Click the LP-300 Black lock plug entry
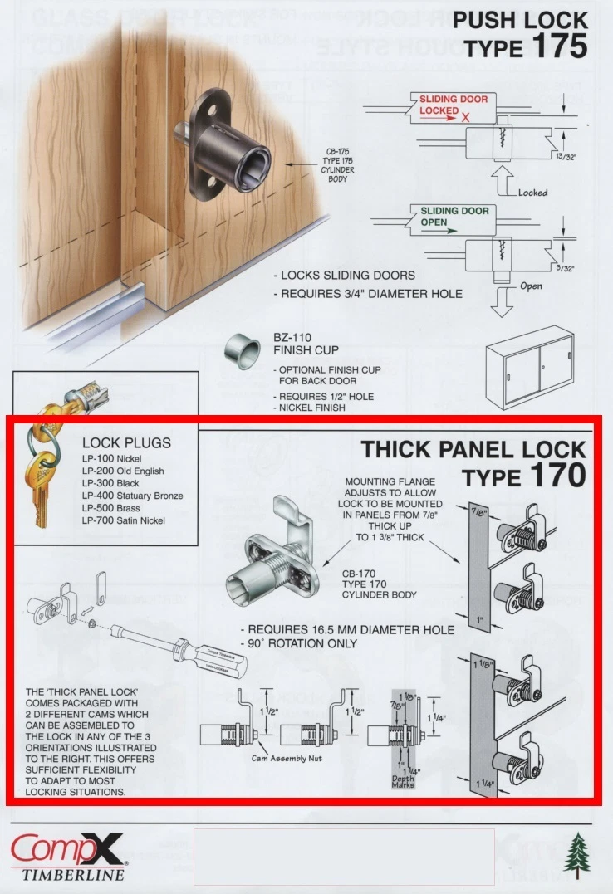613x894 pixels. click(x=110, y=483)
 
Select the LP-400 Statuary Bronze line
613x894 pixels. click(x=132, y=496)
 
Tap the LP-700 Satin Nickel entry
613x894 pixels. click(x=123, y=520)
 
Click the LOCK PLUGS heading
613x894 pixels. click(x=126, y=443)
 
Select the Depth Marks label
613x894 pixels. click(x=403, y=782)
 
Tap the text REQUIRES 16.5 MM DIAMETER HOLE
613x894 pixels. click(x=347, y=629)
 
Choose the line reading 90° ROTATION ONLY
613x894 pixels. click(x=299, y=643)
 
